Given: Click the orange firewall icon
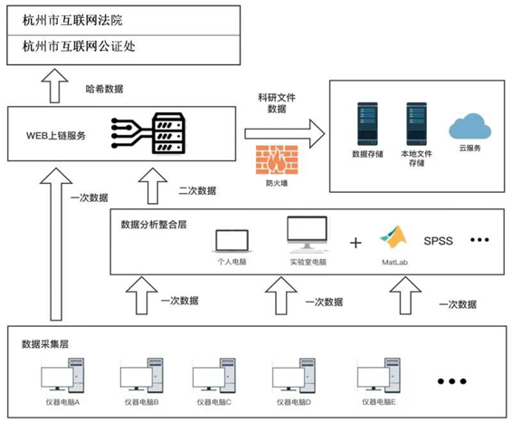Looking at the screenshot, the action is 277,159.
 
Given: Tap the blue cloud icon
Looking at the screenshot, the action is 469,127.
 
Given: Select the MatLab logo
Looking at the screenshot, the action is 394,237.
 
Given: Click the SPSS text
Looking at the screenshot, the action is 438,241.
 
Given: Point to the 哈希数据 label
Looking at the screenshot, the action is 105,89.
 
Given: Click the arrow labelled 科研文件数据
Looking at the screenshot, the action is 285,134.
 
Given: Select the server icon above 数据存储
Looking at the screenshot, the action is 367,124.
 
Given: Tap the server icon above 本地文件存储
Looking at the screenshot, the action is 416,124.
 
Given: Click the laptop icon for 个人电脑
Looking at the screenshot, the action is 232,241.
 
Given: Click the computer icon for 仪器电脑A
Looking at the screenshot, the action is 62,375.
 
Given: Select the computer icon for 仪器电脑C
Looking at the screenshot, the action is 214,375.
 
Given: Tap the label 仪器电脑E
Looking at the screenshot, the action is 379,402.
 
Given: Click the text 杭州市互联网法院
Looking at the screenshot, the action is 72,20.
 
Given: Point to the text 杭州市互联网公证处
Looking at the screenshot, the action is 79,46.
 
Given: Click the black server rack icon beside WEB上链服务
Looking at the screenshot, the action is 169,133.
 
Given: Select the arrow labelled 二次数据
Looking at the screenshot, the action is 153,186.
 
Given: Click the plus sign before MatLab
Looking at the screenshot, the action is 356,243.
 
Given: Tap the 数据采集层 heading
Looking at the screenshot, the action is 45,344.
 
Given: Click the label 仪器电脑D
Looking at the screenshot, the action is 294,402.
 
